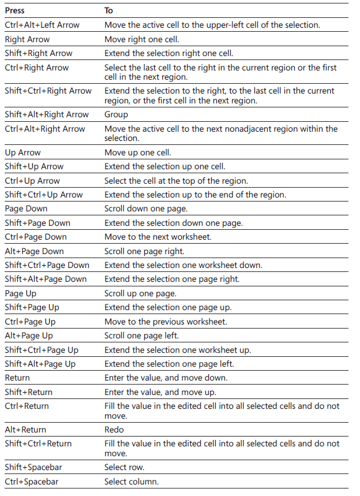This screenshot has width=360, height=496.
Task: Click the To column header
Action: click(108, 10)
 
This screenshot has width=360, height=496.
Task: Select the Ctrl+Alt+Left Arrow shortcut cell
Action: click(42, 25)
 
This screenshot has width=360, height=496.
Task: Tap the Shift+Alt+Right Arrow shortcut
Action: click(47, 114)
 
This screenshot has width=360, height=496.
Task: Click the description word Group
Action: click(116, 114)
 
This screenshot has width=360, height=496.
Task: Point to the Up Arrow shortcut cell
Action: click(22, 152)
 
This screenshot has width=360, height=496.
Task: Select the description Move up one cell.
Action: click(138, 152)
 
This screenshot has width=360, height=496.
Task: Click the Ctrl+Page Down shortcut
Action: click(36, 237)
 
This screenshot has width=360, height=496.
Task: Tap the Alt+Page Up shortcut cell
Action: click(29, 335)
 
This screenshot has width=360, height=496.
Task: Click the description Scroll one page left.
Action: click(141, 335)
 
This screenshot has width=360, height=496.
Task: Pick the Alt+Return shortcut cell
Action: click(25, 430)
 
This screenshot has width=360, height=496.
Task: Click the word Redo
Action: click(114, 430)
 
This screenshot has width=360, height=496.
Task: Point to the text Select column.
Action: click(132, 482)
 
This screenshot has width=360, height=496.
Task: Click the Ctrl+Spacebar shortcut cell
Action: click(32, 482)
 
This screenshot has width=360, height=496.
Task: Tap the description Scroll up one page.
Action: click(140, 293)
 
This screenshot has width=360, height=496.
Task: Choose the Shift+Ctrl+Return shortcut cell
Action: click(39, 443)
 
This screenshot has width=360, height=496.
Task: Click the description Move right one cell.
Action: click(142, 39)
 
